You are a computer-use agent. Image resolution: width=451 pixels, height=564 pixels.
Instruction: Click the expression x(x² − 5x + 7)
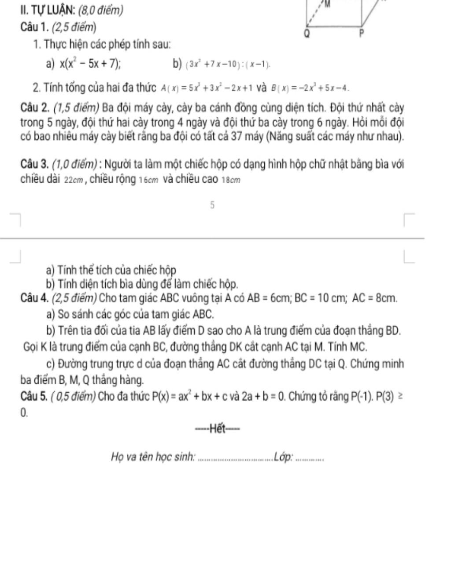[91, 64]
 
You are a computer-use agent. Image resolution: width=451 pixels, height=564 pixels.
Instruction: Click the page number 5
[212, 205]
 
